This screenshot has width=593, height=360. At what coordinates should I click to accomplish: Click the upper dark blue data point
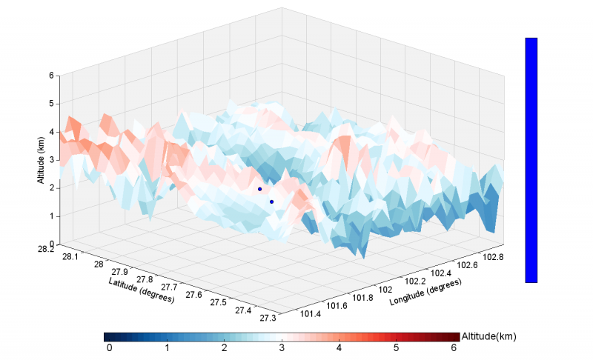259,189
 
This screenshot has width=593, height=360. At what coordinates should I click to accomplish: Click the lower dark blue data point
271,201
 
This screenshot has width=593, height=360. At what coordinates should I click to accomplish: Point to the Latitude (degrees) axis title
142,291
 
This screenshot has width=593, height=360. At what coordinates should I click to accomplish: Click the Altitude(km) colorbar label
488,336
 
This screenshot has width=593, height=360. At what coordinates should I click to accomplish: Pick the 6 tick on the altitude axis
51,75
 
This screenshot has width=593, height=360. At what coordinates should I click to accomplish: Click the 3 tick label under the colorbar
282,347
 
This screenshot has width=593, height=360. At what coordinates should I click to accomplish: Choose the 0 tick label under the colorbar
109,347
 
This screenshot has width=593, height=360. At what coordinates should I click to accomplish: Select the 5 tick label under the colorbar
397,347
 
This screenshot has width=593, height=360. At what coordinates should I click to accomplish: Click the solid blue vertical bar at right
531,160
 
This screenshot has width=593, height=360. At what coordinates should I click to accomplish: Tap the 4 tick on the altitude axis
51,132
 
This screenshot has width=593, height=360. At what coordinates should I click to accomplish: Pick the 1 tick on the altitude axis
51,216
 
